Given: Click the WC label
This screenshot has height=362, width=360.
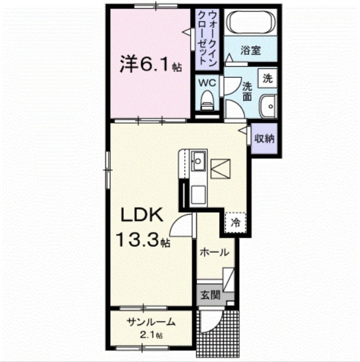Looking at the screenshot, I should pyautogui.click(x=207, y=81).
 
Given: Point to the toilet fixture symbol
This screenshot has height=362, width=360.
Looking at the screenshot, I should pyautogui.click(x=207, y=100).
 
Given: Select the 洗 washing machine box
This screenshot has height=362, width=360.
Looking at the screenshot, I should pyautogui.click(x=267, y=79).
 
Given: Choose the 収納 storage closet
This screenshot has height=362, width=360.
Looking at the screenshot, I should pyautogui.click(x=264, y=139).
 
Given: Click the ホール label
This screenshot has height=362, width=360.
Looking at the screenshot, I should pyautogui.click(x=214, y=252).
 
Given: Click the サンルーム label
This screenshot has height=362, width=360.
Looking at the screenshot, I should pyautogui.click(x=151, y=322).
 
